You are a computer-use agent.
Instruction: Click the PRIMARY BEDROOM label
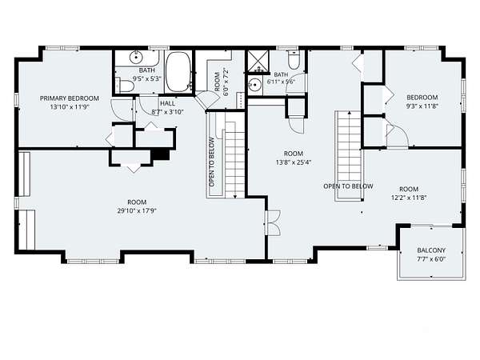70,98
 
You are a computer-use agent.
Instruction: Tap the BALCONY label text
431,250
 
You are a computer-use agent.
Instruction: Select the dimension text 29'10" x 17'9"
137,210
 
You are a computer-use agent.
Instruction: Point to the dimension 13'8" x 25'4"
294,162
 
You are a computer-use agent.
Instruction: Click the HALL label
167,103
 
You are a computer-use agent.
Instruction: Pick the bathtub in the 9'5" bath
178,72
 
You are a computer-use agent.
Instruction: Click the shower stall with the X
258,62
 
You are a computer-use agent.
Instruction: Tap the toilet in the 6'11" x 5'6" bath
294,60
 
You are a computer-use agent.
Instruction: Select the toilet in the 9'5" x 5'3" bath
124,85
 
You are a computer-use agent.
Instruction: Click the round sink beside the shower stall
254,83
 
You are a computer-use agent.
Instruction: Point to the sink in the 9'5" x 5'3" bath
135,56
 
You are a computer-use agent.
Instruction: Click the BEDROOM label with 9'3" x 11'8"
422,98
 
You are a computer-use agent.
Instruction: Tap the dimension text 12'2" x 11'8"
409,198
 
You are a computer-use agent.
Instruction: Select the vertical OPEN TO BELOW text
211,162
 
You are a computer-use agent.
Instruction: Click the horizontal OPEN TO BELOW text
348,186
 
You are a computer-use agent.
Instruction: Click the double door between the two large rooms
273,222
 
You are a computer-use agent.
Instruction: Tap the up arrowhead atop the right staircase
350,113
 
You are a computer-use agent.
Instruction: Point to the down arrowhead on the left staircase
234,196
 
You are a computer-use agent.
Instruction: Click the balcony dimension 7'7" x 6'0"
431,259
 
